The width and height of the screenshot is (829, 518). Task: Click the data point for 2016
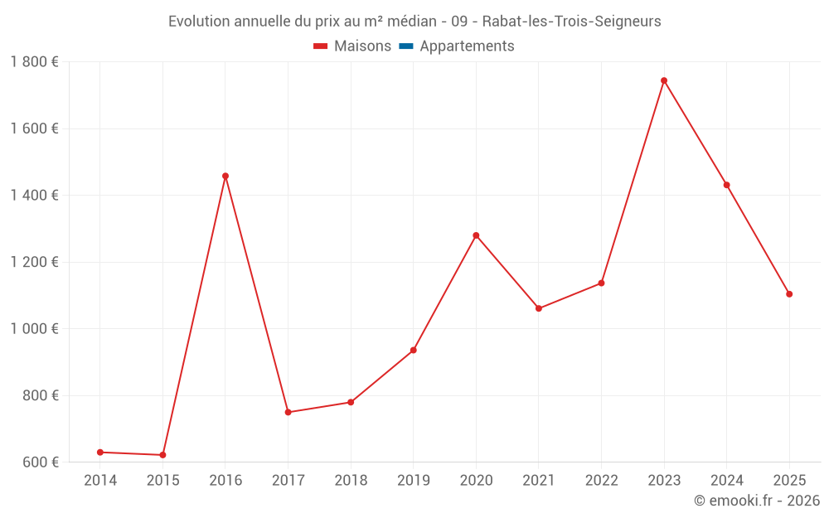point(225,176)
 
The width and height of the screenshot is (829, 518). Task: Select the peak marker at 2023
point(664,80)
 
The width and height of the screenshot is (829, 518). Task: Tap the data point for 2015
point(162,455)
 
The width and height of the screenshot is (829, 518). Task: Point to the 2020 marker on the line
point(476,235)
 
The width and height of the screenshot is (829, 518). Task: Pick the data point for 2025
point(789,294)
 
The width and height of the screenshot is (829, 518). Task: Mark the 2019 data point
point(414,350)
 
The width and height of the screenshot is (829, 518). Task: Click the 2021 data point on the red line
point(539,308)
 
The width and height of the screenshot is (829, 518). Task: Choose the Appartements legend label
point(467,46)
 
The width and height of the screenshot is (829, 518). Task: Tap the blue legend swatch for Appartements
point(406,46)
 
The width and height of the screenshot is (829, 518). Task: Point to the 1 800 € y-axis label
point(34,62)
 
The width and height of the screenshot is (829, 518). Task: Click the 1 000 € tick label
point(34,329)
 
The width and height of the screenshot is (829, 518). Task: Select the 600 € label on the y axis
point(39,462)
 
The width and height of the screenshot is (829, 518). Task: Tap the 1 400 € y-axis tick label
point(34,196)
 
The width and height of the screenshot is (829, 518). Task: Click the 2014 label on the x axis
point(100,481)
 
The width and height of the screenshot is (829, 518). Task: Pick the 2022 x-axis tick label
point(602,481)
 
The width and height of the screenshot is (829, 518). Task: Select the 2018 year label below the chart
point(351,481)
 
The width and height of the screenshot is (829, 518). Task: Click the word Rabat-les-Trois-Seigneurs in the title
point(571,22)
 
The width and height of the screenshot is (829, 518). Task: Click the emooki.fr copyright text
point(757,501)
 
